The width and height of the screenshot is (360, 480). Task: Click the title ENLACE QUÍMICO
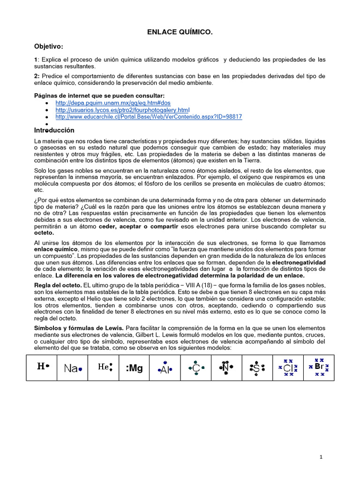pos(180,32)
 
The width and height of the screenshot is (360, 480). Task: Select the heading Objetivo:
pos(48,46)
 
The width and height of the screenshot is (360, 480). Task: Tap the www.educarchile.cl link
pos(149,117)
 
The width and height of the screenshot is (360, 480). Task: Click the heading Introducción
pos(54,130)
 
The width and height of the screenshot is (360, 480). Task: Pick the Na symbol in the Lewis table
pos(72,368)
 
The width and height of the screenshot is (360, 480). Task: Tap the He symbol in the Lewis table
pos(104,367)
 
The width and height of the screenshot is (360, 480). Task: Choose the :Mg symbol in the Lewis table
pos(134,368)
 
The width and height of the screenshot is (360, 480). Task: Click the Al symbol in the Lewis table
pos(165,369)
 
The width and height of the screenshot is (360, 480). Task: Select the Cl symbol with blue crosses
pos(288,368)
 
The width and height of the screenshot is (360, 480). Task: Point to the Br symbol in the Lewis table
pos(319,367)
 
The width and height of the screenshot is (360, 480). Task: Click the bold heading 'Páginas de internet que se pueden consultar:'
pos(99,96)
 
